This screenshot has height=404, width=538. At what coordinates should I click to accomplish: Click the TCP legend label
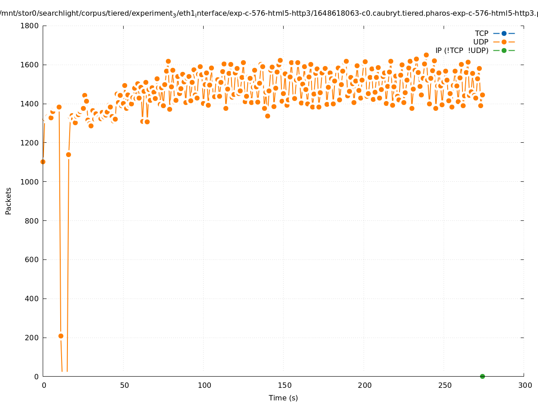pyautogui.click(x=482, y=33)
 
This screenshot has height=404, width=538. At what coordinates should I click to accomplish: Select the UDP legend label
pyautogui.click(x=480, y=42)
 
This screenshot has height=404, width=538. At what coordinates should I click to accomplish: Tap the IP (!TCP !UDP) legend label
pyautogui.click(x=462, y=50)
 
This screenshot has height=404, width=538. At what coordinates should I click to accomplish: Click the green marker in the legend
pyautogui.click(x=504, y=50)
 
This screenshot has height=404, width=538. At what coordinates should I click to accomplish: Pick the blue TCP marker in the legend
pyautogui.click(x=504, y=33)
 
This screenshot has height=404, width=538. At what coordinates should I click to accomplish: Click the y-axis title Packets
pyautogui.click(x=9, y=201)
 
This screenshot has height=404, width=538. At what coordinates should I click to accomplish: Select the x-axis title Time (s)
pyautogui.click(x=283, y=398)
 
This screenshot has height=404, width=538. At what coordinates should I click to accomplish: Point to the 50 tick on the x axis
pyautogui.click(x=124, y=385)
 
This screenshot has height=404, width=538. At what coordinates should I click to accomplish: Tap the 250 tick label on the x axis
pyautogui.click(x=445, y=385)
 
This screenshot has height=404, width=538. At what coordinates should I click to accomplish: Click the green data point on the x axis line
pyautogui.click(x=482, y=376)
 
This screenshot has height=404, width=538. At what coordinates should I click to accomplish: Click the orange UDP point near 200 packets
pyautogui.click(x=61, y=336)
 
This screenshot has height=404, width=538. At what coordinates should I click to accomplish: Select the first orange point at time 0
pyautogui.click(x=43, y=162)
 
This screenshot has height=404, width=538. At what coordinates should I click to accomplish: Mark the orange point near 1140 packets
pyautogui.click(x=68, y=154)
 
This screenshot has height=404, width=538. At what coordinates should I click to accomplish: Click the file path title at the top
pyautogui.click(x=269, y=13)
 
